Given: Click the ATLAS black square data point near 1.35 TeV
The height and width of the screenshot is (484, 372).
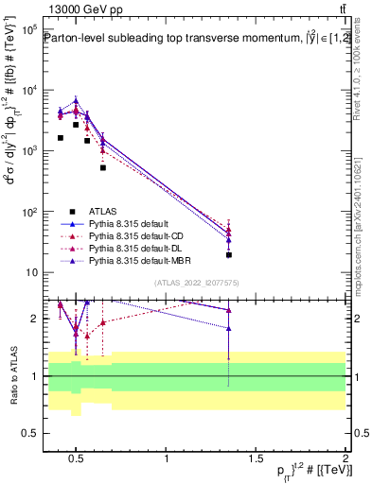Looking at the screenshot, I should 229,255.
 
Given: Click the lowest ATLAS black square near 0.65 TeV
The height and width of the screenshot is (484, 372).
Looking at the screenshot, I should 103,167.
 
